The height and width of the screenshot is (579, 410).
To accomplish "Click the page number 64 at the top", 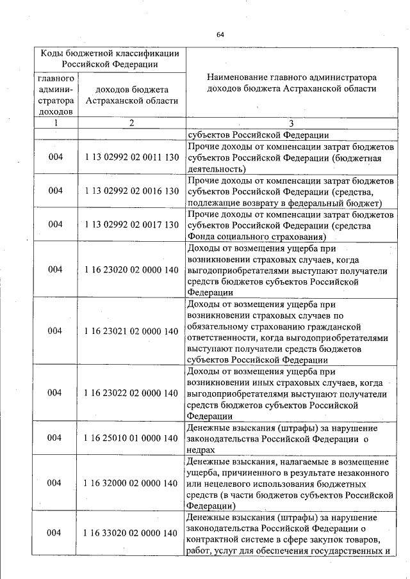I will [x=220, y=34].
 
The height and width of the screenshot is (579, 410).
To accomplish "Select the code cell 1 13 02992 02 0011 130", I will [x=131, y=157].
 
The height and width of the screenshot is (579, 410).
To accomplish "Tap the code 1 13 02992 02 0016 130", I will [x=131, y=191].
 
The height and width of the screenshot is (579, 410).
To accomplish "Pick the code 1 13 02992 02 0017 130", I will [x=131, y=224].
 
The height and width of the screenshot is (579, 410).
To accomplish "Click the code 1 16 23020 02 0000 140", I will [x=131, y=269].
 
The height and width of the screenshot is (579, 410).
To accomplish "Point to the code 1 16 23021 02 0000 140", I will [x=131, y=331].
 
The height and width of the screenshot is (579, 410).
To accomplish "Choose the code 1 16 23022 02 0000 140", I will [x=131, y=393].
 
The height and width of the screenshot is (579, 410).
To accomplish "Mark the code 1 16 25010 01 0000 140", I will [x=131, y=438].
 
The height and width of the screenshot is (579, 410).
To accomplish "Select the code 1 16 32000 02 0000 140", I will [x=131, y=483].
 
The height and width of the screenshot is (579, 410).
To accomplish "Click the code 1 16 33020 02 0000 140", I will [x=131, y=533].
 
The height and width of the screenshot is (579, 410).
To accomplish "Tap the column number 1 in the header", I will [x=55, y=123].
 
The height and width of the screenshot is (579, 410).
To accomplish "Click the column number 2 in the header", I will [x=131, y=123].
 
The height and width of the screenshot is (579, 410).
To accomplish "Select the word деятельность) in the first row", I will [x=216, y=169].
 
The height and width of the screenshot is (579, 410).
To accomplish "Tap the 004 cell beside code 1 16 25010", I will [x=55, y=438].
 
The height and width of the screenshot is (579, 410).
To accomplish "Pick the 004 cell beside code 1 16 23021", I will [x=55, y=331].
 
